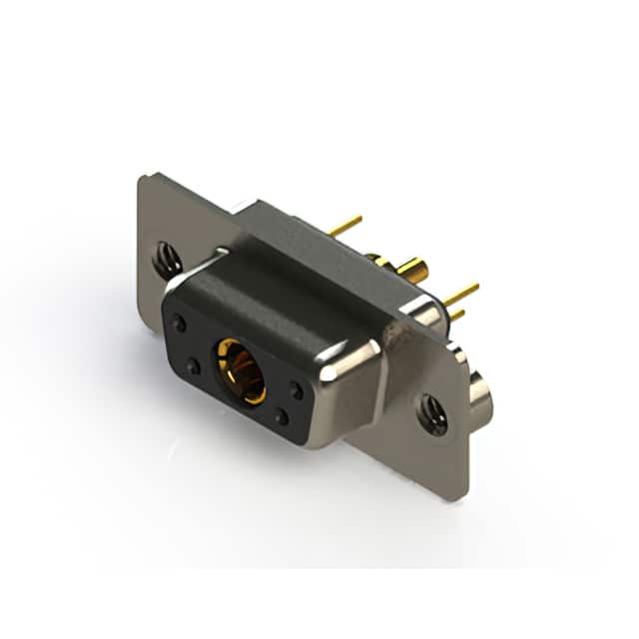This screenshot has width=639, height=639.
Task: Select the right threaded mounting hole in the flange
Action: tap(432, 412)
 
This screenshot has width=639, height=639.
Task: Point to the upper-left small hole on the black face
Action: tap(180, 322)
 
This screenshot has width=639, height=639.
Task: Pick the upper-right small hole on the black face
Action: tap(297, 391)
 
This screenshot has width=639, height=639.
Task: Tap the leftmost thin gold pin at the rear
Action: tap(345, 227)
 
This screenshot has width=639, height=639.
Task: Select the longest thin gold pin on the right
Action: tap(461, 294)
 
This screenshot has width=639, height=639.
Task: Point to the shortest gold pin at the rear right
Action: tap(456, 315)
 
